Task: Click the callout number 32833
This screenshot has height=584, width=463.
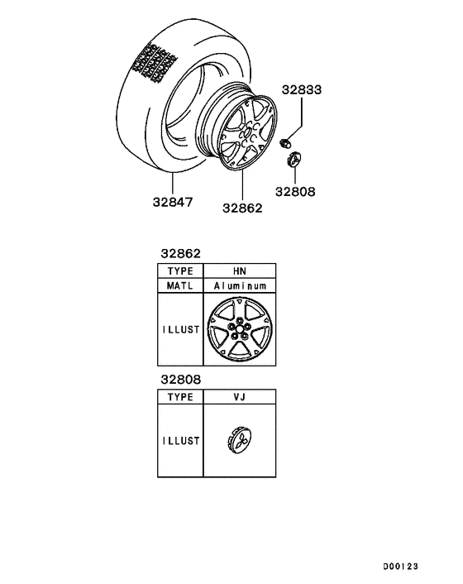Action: (302, 90)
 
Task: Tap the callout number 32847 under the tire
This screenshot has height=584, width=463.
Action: (173, 202)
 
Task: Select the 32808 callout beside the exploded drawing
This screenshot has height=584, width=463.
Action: (295, 192)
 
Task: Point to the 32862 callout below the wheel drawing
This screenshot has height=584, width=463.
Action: (242, 208)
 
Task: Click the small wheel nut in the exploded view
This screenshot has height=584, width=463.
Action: (285, 142)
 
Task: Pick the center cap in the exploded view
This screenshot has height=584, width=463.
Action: (294, 160)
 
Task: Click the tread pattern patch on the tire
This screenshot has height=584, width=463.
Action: (154, 62)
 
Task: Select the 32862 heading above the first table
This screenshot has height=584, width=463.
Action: (180, 254)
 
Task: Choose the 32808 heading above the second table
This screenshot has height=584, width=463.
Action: (180, 380)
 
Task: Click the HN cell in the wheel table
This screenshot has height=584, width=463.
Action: (240, 270)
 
